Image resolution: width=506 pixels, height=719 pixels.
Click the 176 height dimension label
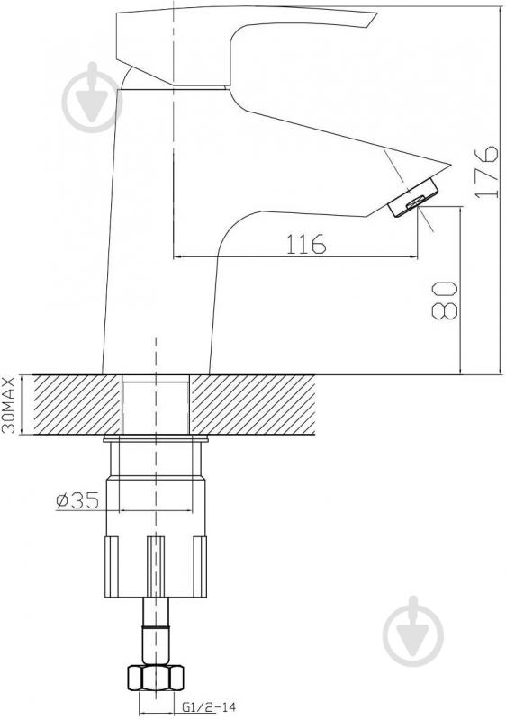click(486, 172)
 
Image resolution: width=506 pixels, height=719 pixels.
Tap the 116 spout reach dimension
click(306, 244)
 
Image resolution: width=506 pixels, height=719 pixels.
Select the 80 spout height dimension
click(445, 301)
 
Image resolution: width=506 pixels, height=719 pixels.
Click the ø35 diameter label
click(77, 500)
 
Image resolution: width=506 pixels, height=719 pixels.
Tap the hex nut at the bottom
click(156, 677)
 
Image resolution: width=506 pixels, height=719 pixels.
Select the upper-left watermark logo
click(92, 97)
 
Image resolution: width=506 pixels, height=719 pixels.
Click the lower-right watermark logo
click(413, 631)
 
